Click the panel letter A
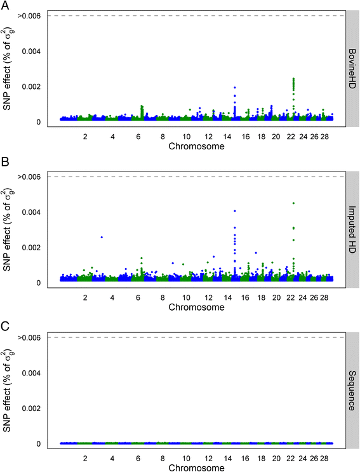click(5, 6)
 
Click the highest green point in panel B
click(293, 203)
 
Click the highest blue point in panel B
click(235, 211)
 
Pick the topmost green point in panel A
click(293, 79)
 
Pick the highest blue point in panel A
click(235, 88)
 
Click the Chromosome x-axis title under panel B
click(196, 307)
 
